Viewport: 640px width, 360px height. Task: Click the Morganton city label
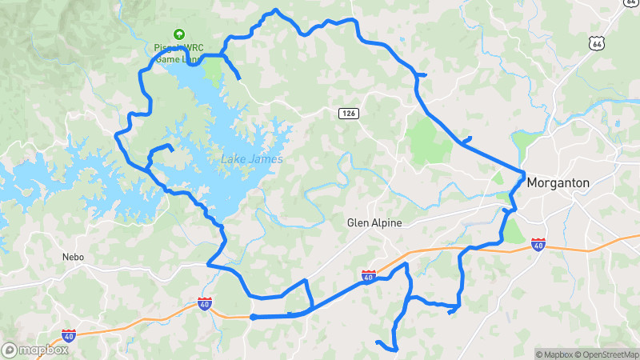[x=558, y=183]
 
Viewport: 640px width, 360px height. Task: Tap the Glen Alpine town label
[x=374, y=223]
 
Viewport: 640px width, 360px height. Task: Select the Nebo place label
[x=73, y=258]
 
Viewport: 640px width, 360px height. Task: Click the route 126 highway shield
[x=347, y=114]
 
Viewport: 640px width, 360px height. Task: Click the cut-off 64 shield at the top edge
[x=632, y=2]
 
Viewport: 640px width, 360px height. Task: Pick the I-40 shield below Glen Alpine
[x=369, y=276]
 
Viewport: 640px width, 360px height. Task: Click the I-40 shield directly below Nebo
[x=70, y=335]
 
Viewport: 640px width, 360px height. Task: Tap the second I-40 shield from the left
[x=205, y=304]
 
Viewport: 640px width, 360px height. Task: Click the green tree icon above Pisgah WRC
[x=179, y=35]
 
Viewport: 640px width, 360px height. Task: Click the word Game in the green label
[x=167, y=58]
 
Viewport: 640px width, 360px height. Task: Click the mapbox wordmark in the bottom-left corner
[x=44, y=350]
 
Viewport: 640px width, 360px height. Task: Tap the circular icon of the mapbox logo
[x=10, y=350]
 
